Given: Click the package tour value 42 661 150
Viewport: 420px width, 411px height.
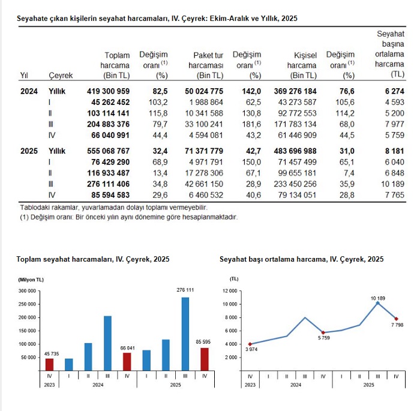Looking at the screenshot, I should coord(202,184).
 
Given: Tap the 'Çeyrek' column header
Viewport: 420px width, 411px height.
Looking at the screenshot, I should coord(61,76).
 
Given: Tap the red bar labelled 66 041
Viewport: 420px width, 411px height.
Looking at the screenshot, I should coord(127,362).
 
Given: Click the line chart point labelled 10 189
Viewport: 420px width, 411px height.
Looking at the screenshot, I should coord(377,303).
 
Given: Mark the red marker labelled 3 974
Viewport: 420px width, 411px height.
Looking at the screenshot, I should coord(250,344).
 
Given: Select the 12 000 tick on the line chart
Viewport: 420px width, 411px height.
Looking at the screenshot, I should coord(231,290).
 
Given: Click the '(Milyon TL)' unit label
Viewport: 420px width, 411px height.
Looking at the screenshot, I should coord(31,279).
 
